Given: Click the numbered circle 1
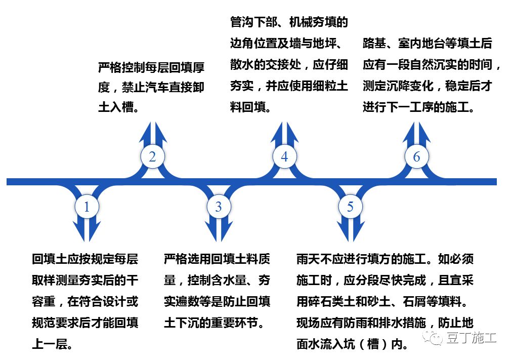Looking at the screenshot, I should [x=87, y=207].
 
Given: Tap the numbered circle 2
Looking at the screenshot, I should [x=152, y=157].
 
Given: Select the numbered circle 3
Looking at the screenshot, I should [x=219, y=207].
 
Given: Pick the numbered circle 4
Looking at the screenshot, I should [x=284, y=157].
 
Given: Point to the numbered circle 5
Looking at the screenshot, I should [x=351, y=207].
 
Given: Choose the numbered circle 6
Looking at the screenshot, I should [x=416, y=157].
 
